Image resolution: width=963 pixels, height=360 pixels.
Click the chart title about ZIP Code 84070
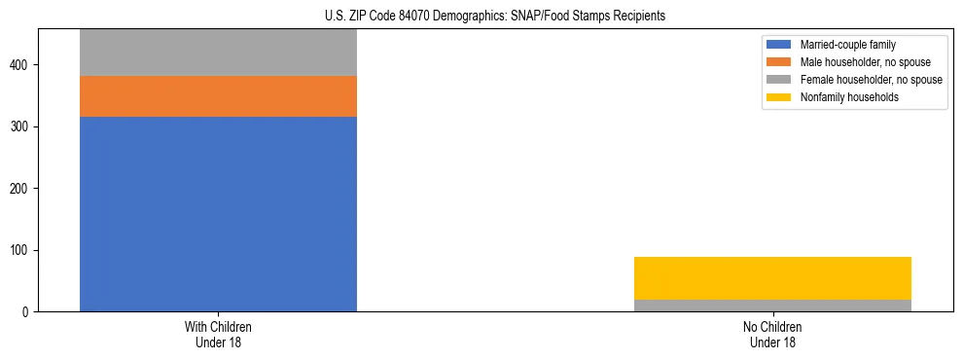pos(481,16)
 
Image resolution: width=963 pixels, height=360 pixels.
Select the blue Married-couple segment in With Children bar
pos(218,214)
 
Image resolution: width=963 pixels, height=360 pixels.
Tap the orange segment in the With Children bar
pos(218,96)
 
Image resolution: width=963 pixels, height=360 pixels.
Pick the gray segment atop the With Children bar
pos(218,53)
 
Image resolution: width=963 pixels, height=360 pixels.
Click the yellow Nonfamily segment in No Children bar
pos(772,278)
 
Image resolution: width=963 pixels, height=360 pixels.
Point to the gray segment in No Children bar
pos(772,306)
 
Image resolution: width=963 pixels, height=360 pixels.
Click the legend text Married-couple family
pos(847,45)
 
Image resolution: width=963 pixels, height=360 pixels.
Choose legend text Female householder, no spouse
pos(871,80)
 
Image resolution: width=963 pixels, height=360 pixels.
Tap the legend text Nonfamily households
pos(848,97)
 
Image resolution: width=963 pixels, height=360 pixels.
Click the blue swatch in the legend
pos(779,45)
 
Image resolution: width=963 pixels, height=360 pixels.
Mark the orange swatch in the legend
pos(779,62)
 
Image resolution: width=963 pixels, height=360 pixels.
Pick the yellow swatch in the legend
pos(779,97)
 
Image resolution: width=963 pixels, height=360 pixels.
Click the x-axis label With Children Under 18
pos(218,335)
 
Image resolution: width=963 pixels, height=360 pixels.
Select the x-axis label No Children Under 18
pos(772,335)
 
